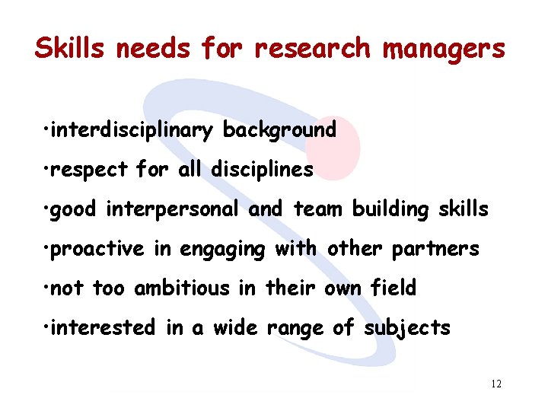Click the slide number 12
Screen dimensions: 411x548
(496, 384)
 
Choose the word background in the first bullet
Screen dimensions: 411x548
(279, 130)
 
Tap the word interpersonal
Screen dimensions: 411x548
(174, 209)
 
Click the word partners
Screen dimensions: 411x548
(441, 249)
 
